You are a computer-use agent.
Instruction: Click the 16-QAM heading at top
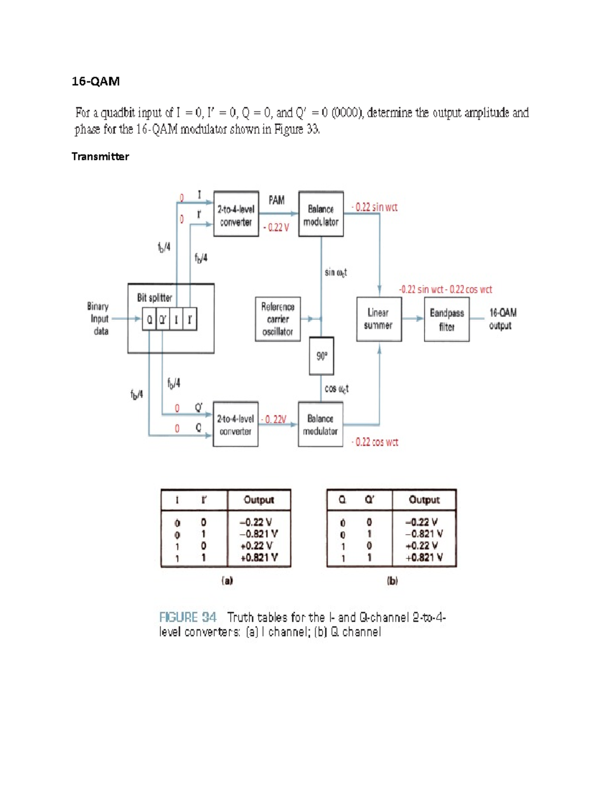click(x=96, y=81)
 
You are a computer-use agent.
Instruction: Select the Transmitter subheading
click(x=100, y=157)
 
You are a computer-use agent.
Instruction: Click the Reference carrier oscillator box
click(x=278, y=319)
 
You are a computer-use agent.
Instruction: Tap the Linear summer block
click(x=379, y=319)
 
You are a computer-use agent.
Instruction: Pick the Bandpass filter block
click(x=446, y=319)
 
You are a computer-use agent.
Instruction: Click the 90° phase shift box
click(x=321, y=356)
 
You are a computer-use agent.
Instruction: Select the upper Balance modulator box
click(x=321, y=214)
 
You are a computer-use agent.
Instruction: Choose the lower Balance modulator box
click(x=320, y=424)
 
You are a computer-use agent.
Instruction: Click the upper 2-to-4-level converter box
click(x=236, y=214)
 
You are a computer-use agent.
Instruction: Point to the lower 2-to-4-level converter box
click(x=235, y=424)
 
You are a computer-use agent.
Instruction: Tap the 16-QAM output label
click(x=502, y=319)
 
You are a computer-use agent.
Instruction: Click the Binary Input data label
click(x=99, y=319)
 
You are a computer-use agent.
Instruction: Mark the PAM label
click(x=277, y=200)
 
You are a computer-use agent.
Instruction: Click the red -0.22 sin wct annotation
click(x=375, y=207)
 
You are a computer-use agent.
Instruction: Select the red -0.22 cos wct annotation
click(x=375, y=442)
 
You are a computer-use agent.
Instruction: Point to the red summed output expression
click(x=445, y=289)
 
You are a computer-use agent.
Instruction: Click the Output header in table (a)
click(x=259, y=500)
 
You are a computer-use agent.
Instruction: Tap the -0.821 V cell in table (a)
click(x=259, y=534)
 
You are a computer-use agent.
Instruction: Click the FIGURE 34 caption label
click(x=188, y=618)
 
